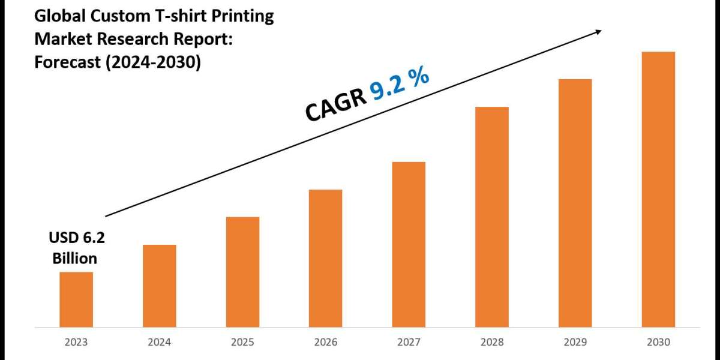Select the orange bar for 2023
76,299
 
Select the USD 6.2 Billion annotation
76,248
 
